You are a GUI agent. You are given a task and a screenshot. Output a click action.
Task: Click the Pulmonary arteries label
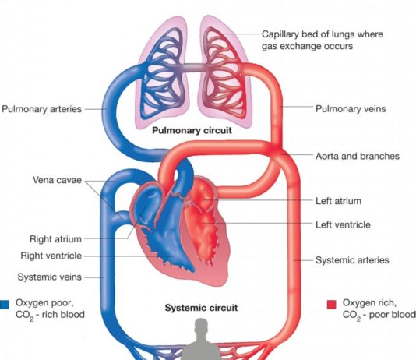point(41,109)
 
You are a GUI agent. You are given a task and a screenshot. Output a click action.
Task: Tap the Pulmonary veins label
point(351,109)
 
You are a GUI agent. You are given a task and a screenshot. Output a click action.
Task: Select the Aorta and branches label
point(358,156)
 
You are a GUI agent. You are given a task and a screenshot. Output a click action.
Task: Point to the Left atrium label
point(338,201)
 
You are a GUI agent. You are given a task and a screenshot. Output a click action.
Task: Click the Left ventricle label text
point(343,224)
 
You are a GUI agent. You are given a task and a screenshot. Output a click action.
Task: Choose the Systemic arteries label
point(352,260)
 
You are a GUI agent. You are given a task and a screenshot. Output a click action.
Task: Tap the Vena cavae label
point(57,180)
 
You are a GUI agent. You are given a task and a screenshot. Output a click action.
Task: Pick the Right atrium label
point(55,239)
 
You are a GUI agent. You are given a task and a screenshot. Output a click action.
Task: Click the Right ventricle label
point(51,256)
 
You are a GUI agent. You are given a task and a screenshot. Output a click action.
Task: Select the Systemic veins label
point(50,277)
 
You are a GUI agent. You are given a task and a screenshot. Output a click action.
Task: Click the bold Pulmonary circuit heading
point(192,130)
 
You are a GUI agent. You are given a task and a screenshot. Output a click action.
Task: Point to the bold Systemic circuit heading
point(201,308)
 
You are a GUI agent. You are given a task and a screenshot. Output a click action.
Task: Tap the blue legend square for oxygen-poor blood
point(5,305)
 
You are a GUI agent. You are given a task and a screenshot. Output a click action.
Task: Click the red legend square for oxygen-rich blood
point(331,305)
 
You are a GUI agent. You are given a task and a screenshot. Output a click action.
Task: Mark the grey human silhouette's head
point(201,326)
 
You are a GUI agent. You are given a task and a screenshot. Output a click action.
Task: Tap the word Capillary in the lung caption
point(280,34)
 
